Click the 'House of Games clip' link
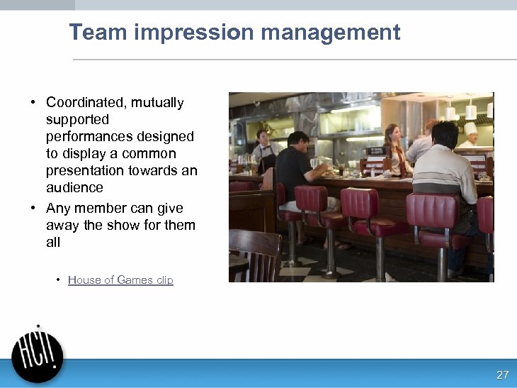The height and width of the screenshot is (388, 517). click(x=120, y=280)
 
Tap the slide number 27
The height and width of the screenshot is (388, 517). click(x=502, y=375)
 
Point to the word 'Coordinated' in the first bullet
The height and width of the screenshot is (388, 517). click(x=83, y=103)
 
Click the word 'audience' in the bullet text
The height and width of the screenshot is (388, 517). click(x=74, y=188)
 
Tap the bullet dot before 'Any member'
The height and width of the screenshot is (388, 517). click(x=33, y=209)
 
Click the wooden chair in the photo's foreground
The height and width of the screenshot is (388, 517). click(x=254, y=255)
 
